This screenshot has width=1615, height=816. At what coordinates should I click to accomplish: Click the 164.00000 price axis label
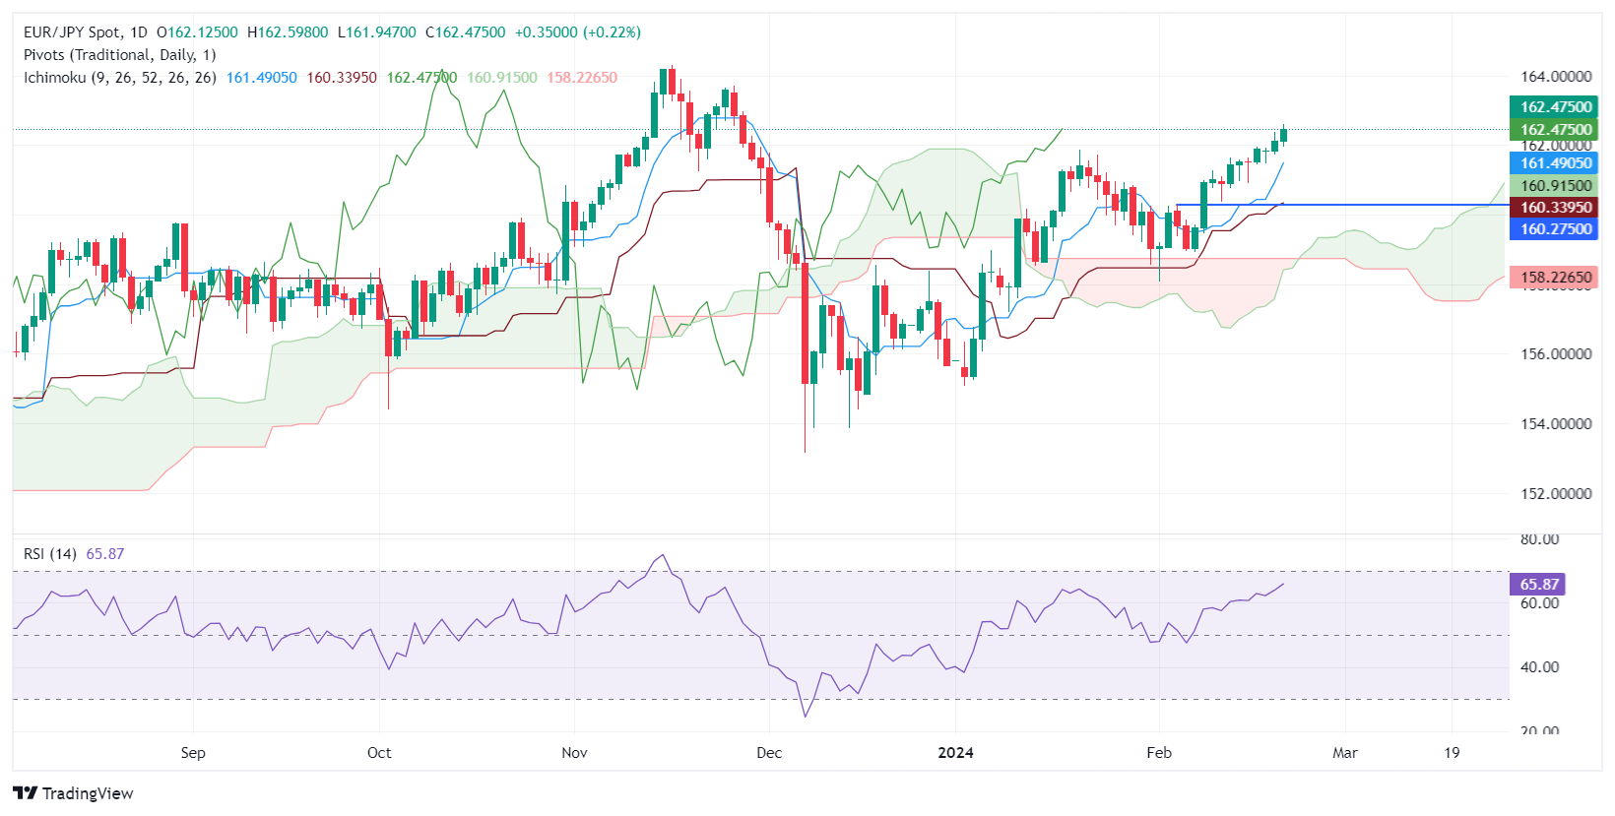[x=1555, y=77]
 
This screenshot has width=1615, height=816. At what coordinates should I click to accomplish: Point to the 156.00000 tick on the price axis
[x=1555, y=354]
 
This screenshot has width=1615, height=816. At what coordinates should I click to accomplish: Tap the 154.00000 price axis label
[x=1555, y=424]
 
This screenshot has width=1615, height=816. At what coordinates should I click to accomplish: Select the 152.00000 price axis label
[x=1555, y=494]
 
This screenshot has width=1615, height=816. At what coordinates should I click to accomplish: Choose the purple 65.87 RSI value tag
[x=1537, y=585]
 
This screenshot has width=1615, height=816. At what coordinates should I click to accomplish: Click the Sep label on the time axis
[x=193, y=753]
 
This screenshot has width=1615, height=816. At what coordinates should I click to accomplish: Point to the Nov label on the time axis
[x=574, y=753]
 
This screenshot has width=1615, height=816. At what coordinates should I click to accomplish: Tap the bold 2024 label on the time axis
[x=955, y=753]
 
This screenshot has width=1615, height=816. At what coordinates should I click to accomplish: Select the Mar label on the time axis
[x=1344, y=753]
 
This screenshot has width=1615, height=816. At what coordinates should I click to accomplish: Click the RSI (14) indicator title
[x=50, y=554]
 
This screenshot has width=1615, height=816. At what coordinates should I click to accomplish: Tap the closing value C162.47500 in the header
[x=465, y=32]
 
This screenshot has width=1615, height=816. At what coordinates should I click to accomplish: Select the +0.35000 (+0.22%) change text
[x=578, y=32]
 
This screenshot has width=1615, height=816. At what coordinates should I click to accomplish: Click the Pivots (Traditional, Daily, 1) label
[x=119, y=55]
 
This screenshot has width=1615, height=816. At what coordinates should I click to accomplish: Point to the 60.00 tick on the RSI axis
[x=1539, y=603]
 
